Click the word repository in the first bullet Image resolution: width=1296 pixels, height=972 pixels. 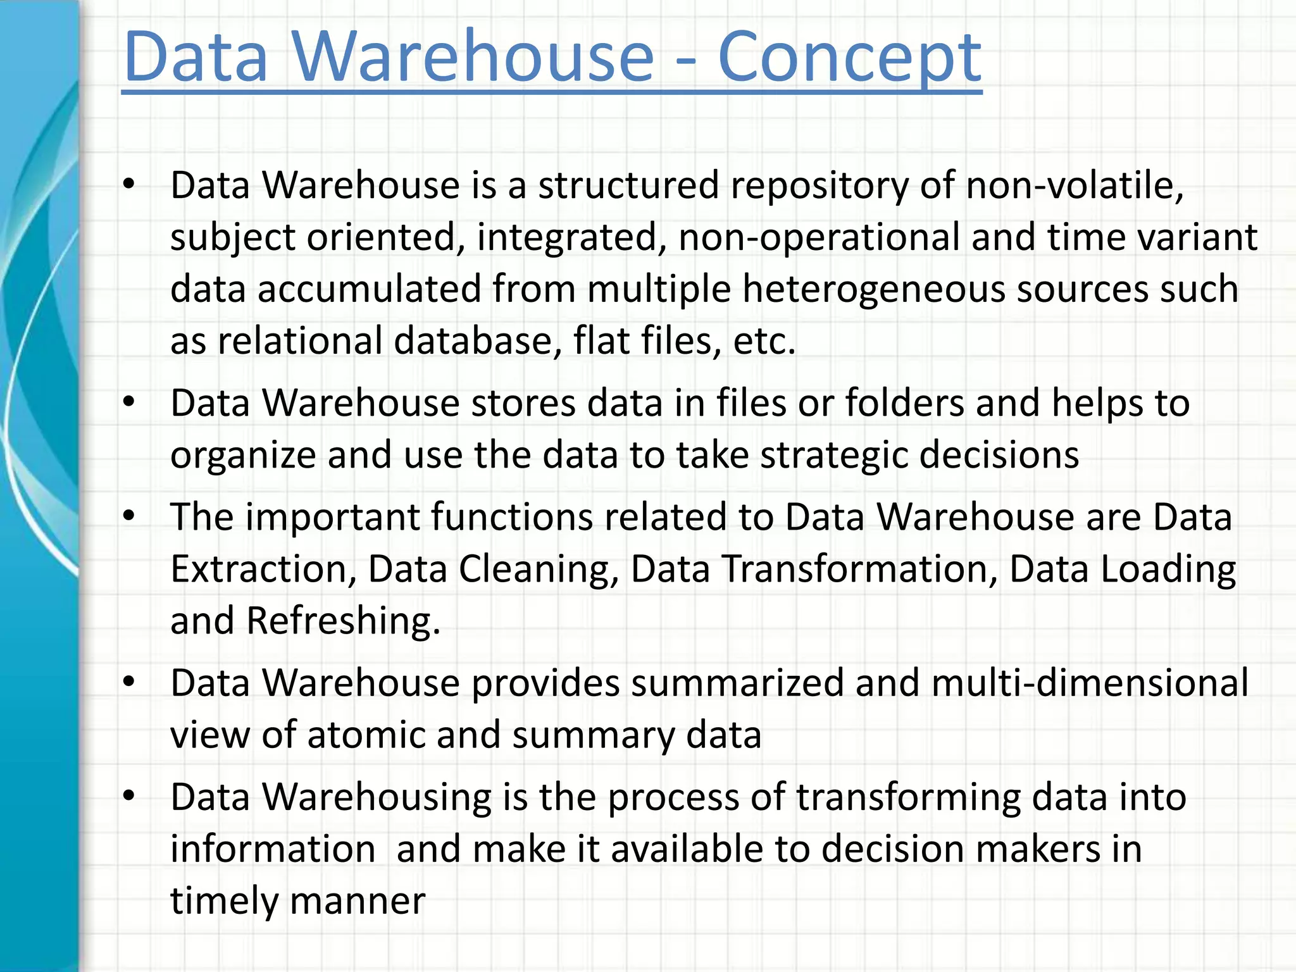point(819,186)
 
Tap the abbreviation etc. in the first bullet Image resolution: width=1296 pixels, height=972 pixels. point(764,342)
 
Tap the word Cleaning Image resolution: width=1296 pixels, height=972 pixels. point(539,569)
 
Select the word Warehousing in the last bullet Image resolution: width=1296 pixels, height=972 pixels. point(377,797)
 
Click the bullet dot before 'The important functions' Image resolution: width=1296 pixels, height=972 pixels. point(129,517)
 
